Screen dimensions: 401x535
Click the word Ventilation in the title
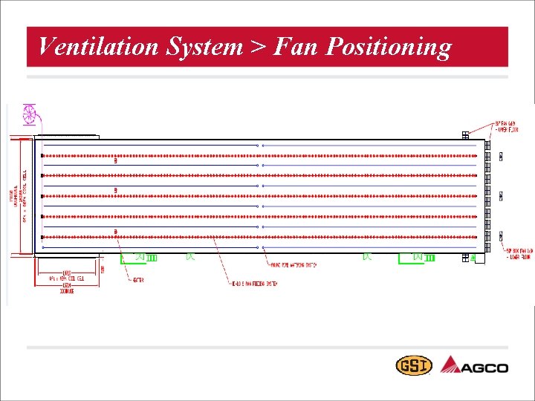97,48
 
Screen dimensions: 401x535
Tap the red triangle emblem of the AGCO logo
452,365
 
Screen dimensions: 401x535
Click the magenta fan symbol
30,114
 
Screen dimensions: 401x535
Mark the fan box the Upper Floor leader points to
465,135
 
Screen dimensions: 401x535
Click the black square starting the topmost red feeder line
42,154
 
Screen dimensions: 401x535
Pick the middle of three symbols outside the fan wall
501,196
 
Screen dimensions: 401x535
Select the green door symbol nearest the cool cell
137,257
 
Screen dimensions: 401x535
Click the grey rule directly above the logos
267,347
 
